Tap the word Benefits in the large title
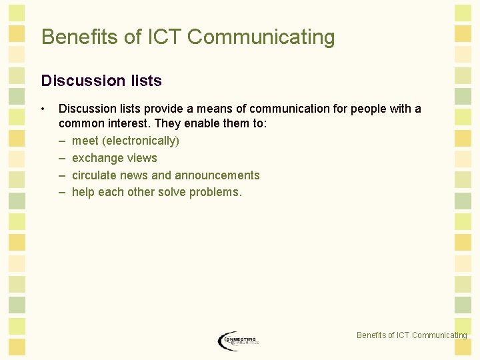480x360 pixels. pyautogui.click(x=80, y=37)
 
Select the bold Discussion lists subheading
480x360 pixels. pyautogui.click(x=101, y=81)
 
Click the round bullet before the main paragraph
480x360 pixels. pyautogui.click(x=43, y=109)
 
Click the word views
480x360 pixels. pyautogui.click(x=139, y=158)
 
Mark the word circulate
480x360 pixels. pyautogui.click(x=94, y=175)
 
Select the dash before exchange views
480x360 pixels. pyautogui.click(x=62, y=158)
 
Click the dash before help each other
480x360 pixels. pyautogui.click(x=62, y=193)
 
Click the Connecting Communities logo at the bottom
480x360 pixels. pyautogui.click(x=237, y=341)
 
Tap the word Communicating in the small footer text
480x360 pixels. pyautogui.click(x=439, y=335)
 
